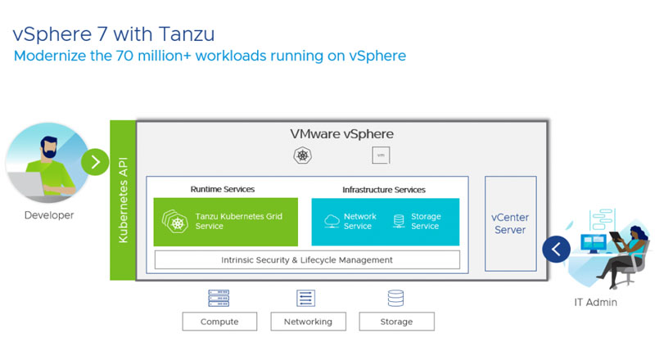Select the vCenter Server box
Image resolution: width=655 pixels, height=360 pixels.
509,223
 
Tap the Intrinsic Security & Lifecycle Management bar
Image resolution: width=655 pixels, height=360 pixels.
307,260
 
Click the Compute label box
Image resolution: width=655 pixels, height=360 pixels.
219,322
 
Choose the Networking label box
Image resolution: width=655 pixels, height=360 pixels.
308,322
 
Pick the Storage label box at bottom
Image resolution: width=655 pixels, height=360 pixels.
396,322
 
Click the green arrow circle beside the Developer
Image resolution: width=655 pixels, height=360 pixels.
95,161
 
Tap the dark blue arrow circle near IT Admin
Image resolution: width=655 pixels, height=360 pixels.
557,248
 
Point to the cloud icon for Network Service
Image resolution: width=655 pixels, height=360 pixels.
332,221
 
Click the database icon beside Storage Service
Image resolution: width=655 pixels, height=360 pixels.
399,221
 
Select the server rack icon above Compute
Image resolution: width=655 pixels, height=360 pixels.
219,299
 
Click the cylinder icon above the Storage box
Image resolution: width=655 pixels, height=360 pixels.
396,299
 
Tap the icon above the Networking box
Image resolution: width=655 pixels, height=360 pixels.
305,299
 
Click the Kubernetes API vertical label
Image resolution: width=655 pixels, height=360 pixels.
123,200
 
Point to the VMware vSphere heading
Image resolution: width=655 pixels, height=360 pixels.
341,133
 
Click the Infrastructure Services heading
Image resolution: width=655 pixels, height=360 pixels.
384,190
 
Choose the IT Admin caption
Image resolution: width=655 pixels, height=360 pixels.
595,302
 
